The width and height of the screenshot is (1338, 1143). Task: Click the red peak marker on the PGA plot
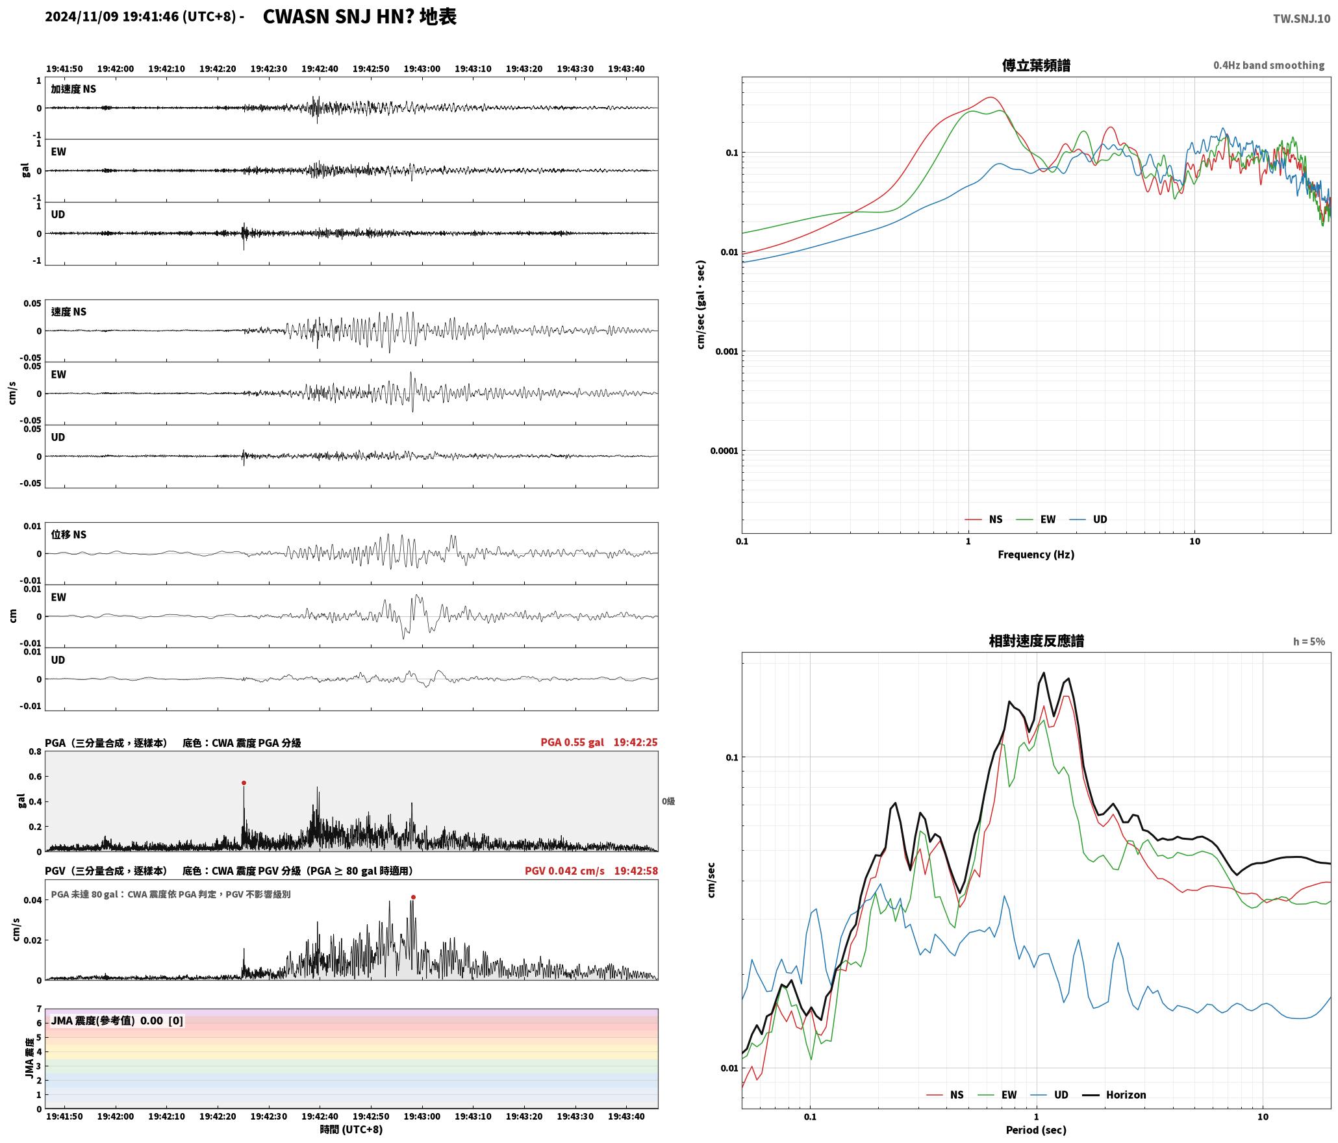coord(244,783)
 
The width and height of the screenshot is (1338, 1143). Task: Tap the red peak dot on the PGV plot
coord(413,897)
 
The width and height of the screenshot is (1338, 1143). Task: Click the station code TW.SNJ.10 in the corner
coord(1301,19)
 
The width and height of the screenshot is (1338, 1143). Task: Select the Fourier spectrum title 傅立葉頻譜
coord(1036,65)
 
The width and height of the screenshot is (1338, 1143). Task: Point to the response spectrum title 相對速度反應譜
coord(1036,641)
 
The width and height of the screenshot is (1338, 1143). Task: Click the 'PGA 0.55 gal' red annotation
coord(572,742)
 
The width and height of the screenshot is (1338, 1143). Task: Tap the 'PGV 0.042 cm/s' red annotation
coord(564,870)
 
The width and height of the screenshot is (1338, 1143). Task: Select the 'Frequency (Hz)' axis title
coord(1036,554)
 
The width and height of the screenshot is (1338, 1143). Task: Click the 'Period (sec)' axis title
coord(1036,1129)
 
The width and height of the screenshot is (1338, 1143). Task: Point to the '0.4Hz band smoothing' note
coord(1269,65)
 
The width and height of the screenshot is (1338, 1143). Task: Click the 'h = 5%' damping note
coord(1309,642)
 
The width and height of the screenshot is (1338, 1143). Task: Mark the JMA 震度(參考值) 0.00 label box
coord(117,1020)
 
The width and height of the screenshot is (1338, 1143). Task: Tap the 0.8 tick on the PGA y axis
coord(35,751)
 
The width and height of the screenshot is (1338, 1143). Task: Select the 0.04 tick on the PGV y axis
coord(33,899)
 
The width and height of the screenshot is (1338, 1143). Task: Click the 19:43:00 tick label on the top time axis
coord(422,69)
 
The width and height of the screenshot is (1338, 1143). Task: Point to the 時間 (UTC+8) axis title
coord(351,1129)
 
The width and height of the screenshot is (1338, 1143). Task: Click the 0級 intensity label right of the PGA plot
coord(668,801)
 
